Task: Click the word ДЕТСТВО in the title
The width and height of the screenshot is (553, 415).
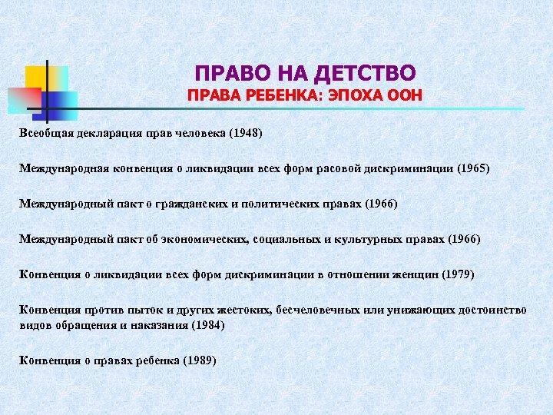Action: (372, 73)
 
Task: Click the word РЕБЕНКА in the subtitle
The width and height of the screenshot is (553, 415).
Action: (276, 98)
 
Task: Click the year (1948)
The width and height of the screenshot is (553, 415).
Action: (245, 134)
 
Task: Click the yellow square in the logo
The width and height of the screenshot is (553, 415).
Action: (38, 77)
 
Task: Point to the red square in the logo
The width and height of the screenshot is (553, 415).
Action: (23, 98)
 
